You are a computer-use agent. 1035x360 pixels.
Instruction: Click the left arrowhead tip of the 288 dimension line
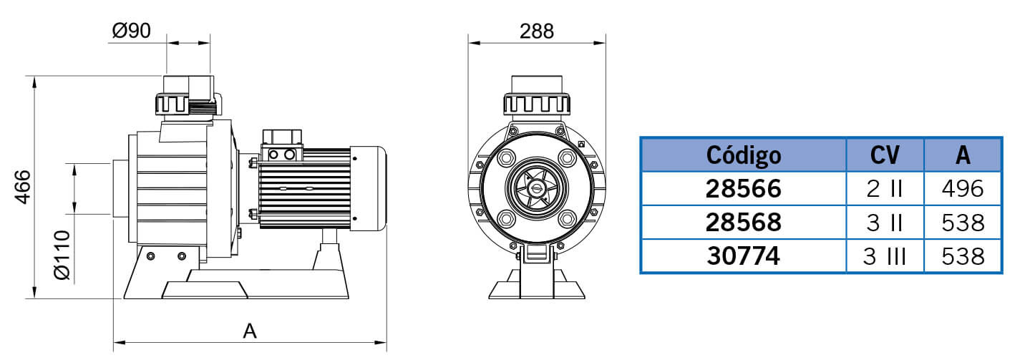pos(469,43)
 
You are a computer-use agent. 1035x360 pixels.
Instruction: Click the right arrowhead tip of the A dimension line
pos(387,343)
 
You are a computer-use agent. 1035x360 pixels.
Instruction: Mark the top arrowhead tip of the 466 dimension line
pos(34,77)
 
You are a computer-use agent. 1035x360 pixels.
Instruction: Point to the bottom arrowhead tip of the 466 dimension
pos(34,298)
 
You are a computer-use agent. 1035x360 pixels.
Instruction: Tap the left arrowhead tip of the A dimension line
pos(114,343)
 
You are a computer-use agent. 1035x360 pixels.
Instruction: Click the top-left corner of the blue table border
pos(641,137)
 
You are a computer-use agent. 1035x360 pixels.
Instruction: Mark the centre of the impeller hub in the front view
pos(536,188)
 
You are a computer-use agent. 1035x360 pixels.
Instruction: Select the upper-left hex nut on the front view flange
pos(507,158)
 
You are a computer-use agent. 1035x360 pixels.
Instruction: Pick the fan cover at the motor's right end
pos(368,188)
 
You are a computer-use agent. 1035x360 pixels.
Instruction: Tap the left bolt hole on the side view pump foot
pos(150,256)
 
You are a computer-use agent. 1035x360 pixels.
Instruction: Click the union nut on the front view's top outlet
pos(536,104)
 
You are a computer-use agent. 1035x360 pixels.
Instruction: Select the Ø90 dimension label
pos(132,31)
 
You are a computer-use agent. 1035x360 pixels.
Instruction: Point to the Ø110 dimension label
pos(62,255)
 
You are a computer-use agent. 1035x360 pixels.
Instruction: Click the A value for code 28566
pos(963,189)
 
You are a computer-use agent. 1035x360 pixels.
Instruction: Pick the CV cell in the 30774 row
pos(885,256)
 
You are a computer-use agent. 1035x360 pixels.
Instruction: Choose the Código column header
pos(744,155)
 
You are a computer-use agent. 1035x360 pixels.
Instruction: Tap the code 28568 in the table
pos(744,223)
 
